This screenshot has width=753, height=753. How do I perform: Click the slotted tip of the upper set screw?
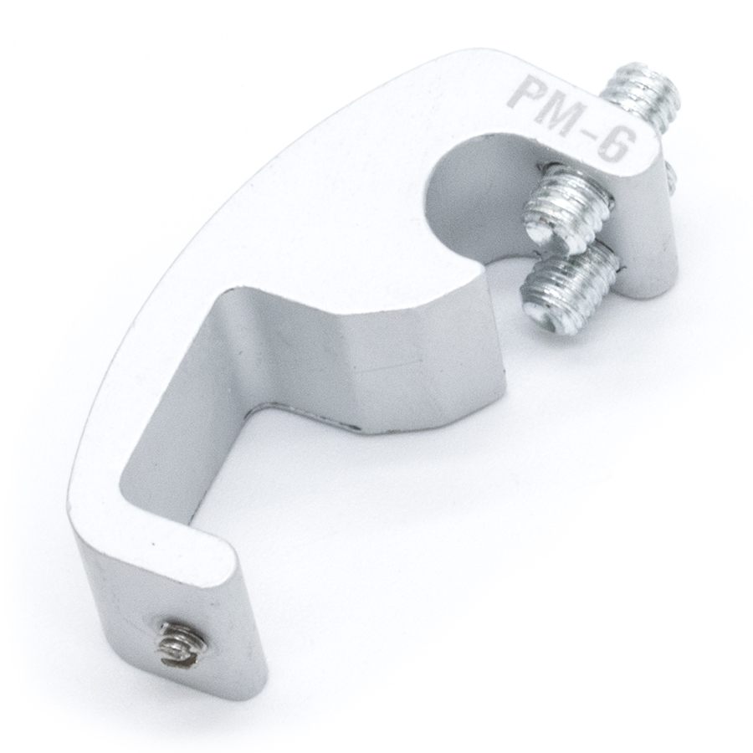click(543, 228)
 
